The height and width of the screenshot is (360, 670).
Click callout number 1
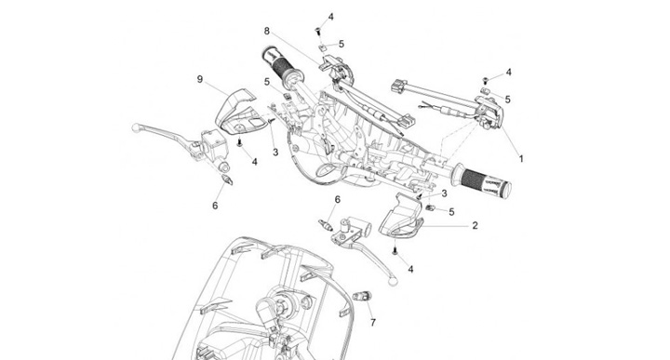(x=521, y=159)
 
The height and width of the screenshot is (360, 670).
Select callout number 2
(x=475, y=225)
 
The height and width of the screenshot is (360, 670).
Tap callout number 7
(x=373, y=323)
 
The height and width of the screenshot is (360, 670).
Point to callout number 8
(x=267, y=31)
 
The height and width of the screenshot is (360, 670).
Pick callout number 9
(x=200, y=79)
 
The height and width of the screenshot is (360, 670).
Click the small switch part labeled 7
(x=362, y=296)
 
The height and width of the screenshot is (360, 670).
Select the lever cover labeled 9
(x=235, y=111)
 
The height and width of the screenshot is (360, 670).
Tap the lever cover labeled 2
(x=401, y=217)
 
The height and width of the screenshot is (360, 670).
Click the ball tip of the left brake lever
(x=136, y=127)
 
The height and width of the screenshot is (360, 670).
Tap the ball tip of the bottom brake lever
(x=393, y=281)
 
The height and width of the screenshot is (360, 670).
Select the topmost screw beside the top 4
(x=318, y=31)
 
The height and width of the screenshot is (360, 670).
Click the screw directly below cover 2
(x=395, y=251)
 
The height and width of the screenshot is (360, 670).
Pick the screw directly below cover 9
(x=239, y=142)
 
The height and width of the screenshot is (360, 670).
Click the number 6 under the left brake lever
(x=215, y=206)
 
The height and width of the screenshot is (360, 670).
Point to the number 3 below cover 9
(x=275, y=152)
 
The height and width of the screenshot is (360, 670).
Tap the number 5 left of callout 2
(x=451, y=212)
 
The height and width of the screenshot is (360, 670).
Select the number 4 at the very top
(x=330, y=17)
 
